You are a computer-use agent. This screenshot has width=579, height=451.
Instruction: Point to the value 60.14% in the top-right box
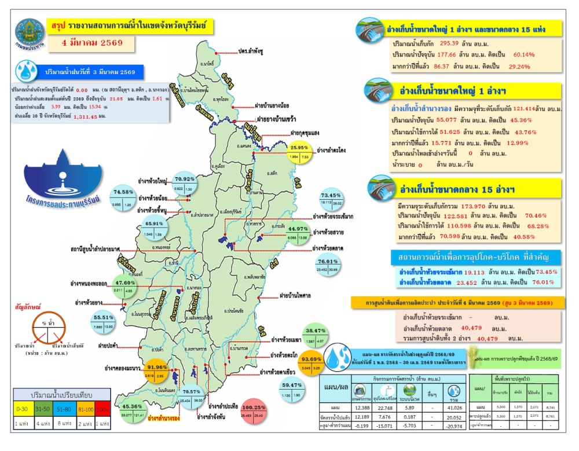pos(527,54)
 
